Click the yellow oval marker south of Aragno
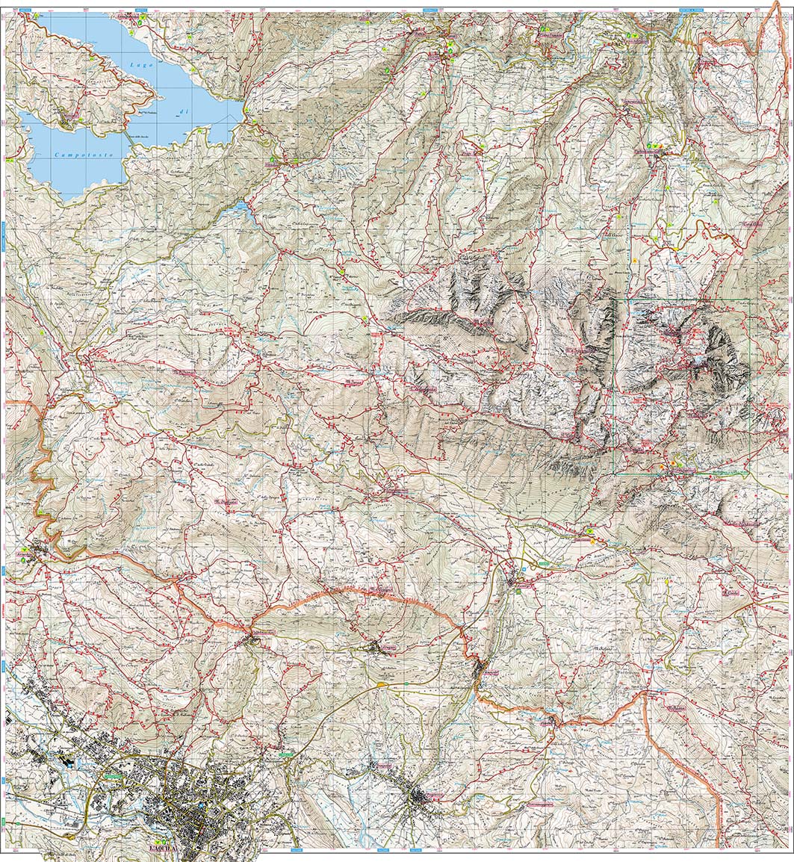(x=383, y=683)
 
